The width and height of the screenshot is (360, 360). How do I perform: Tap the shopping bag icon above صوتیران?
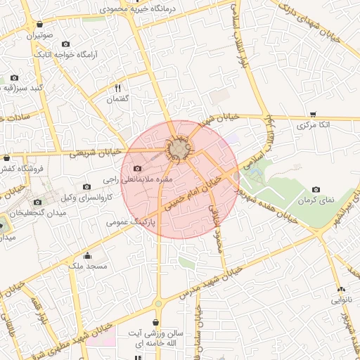(x=39, y=24)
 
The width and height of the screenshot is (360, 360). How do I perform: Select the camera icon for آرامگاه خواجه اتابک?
(x=66, y=44)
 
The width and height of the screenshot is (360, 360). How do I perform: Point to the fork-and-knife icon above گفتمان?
(x=118, y=89)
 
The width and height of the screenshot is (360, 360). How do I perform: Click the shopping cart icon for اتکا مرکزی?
(x=313, y=114)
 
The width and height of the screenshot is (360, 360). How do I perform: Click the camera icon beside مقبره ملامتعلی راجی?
(x=137, y=169)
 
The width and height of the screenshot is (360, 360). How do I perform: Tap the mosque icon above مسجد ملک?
(x=87, y=256)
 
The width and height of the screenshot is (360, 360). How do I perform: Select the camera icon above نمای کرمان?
(x=316, y=190)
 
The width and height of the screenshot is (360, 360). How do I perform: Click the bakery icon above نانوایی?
(x=341, y=289)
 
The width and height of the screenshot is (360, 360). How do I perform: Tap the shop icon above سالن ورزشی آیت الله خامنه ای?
(x=155, y=322)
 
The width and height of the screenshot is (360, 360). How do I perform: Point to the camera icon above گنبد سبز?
(x=14, y=77)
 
